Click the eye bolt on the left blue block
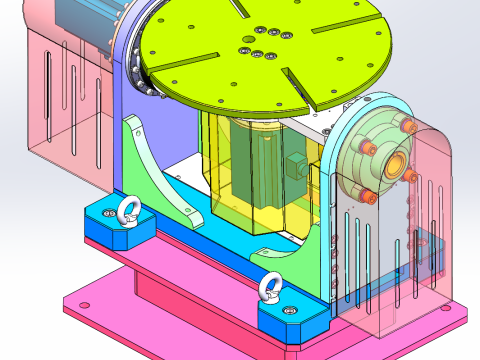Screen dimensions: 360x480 (127, 210)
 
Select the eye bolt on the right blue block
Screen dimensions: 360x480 (269, 289)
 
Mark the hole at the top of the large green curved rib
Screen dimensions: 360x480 (134, 124)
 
